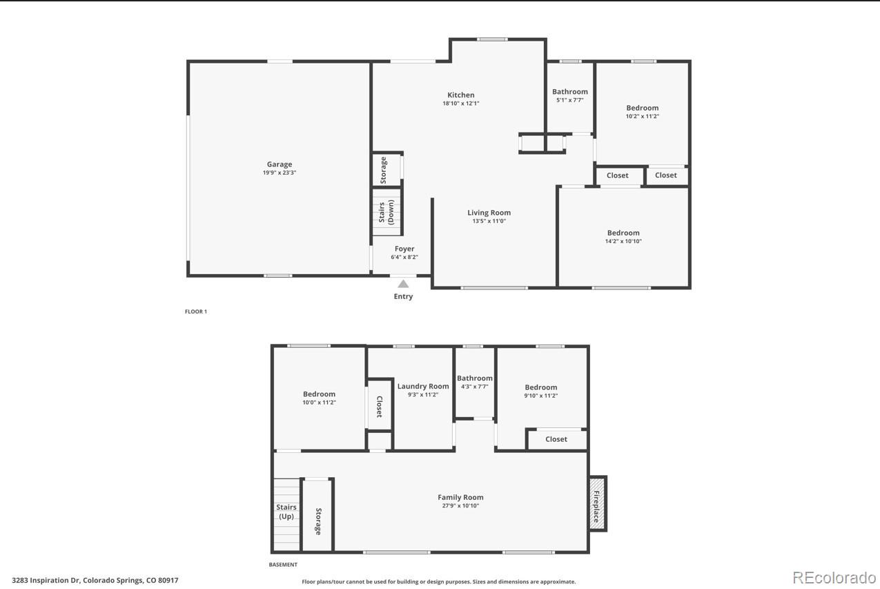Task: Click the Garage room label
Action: pyautogui.click(x=280, y=164)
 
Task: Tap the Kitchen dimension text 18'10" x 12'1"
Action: pyautogui.click(x=460, y=104)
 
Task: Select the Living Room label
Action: pyautogui.click(x=489, y=213)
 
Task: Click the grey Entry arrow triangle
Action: pyautogui.click(x=403, y=284)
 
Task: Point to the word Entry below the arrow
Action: pyautogui.click(x=403, y=297)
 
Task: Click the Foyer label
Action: pyautogui.click(x=404, y=249)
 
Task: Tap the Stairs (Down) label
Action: pyautogui.click(x=387, y=213)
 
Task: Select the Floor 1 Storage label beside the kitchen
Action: pyautogui.click(x=384, y=169)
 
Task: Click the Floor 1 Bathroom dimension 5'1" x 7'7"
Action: pyautogui.click(x=570, y=100)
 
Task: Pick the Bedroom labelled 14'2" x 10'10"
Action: pyautogui.click(x=623, y=233)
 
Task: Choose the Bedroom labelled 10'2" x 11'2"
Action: pyautogui.click(x=642, y=108)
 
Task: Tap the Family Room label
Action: pyautogui.click(x=460, y=497)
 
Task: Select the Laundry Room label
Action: pyautogui.click(x=423, y=386)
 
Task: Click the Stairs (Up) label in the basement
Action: pyautogui.click(x=286, y=512)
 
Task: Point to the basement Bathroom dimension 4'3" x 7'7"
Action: pyautogui.click(x=475, y=387)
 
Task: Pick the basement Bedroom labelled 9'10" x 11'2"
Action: pyautogui.click(x=540, y=387)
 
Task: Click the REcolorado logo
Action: pyautogui.click(x=833, y=578)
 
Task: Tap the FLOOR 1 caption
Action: pyautogui.click(x=196, y=311)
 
